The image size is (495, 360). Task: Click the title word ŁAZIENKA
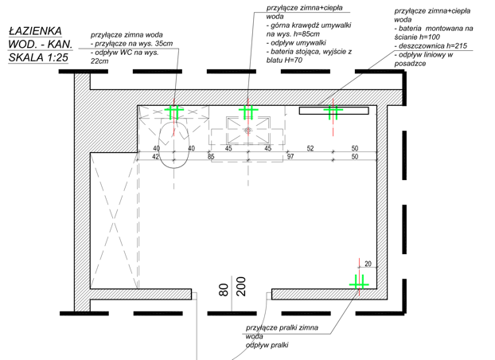pyautogui.click(x=35, y=31)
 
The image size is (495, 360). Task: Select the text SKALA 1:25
pyautogui.click(x=38, y=57)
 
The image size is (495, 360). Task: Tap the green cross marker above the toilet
pyautogui.click(x=174, y=112)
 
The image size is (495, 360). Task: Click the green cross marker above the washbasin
pyautogui.click(x=248, y=111)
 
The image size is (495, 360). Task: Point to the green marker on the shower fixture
pyautogui.click(x=333, y=112)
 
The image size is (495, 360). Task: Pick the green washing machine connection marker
pyautogui.click(x=359, y=284)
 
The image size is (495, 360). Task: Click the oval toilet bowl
pyautogui.click(x=173, y=145)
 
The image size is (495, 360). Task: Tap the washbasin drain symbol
pyautogui.click(x=247, y=130)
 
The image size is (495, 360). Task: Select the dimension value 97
pyautogui.click(x=290, y=156)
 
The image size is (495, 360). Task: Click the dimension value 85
pyautogui.click(x=211, y=156)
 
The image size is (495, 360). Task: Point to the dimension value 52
pyautogui.click(x=310, y=148)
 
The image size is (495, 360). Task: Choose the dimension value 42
pyautogui.click(x=155, y=156)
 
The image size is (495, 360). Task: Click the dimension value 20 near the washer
pyautogui.click(x=368, y=264)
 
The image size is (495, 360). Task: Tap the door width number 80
pyautogui.click(x=224, y=290)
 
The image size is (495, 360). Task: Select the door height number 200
pyautogui.click(x=241, y=287)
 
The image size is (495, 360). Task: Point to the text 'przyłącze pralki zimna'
pyautogui.click(x=282, y=328)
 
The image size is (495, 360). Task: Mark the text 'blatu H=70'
pyautogui.click(x=284, y=60)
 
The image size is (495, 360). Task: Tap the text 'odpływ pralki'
pyautogui.click(x=267, y=345)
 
